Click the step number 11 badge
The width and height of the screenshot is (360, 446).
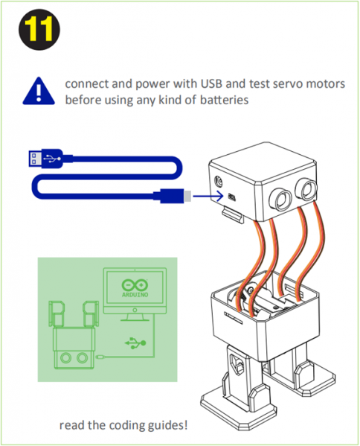tap(39, 29)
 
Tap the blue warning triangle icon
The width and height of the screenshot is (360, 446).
tap(39, 91)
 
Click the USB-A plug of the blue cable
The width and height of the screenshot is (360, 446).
tap(45, 158)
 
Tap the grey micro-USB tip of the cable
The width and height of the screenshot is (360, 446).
tap(187, 196)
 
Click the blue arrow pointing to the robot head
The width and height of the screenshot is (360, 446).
tap(208, 196)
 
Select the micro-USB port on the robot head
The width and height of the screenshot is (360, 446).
tap(232, 197)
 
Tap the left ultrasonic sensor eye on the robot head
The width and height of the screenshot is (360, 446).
tap(280, 199)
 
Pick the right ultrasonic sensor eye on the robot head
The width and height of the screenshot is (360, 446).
tap(306, 188)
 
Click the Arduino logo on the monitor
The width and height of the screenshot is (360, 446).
tap(135, 288)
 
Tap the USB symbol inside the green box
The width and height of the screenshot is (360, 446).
tap(135, 343)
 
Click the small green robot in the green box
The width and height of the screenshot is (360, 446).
tap(74, 335)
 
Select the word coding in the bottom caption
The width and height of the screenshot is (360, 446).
tap(127, 425)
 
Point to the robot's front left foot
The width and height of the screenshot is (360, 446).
tap(238, 408)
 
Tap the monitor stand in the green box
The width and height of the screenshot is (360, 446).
tap(135, 317)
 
